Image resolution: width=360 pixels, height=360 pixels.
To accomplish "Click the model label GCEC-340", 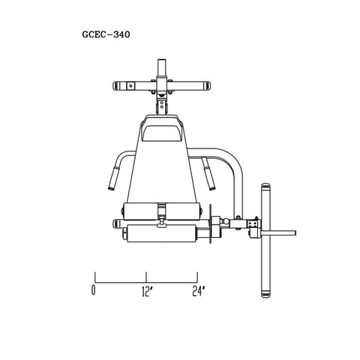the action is pyautogui.click(x=106, y=34).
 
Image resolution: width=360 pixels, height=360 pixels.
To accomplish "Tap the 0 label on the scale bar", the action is pyautogui.click(x=93, y=289).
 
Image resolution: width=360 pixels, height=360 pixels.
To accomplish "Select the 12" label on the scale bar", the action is pyautogui.click(x=148, y=292).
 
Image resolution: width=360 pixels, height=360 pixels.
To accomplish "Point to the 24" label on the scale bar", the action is pyautogui.click(x=199, y=291).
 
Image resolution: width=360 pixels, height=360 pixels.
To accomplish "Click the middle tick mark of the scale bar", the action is pyautogui.click(x=146, y=277).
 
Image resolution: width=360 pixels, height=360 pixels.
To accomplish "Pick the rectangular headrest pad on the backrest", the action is pyautogui.click(x=161, y=133).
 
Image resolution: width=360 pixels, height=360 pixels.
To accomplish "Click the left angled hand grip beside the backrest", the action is pyautogui.click(x=114, y=178).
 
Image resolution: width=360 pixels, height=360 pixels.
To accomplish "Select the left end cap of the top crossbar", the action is pyautogui.click(x=116, y=85).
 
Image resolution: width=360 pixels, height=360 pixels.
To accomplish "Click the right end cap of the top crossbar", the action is pyautogui.click(x=207, y=85).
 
